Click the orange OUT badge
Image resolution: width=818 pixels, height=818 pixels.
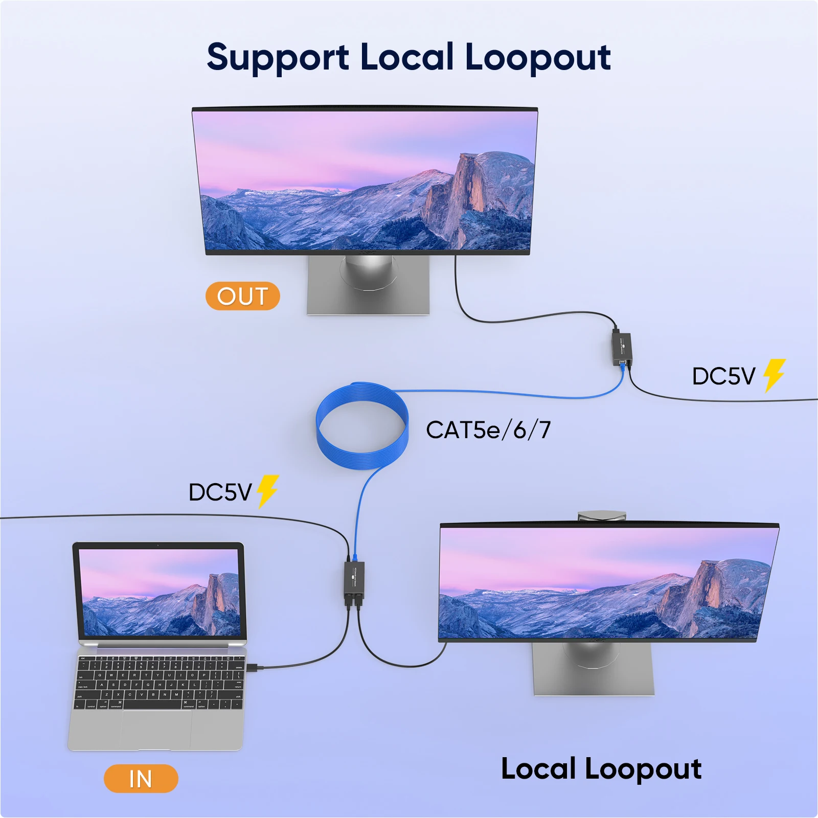click(242, 296)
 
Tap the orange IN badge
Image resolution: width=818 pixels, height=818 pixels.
click(141, 779)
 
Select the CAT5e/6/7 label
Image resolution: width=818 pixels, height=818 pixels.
click(488, 430)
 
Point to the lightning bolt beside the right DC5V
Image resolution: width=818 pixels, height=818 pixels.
click(774, 375)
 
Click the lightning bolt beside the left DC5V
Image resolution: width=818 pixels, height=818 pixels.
click(267, 491)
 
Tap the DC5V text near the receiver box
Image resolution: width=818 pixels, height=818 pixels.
click(723, 377)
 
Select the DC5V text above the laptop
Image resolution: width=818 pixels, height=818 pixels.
click(220, 492)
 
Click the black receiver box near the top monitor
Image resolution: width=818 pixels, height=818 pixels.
click(621, 348)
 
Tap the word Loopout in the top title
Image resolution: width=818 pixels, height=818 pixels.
click(537, 58)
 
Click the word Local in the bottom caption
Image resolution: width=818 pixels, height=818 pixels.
click(538, 769)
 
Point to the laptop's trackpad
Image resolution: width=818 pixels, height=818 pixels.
click(156, 729)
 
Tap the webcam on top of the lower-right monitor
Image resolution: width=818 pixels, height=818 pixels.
click(602, 515)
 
